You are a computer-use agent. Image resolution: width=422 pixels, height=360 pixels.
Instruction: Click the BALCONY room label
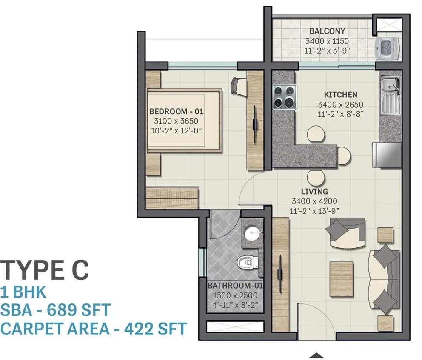click(x=327, y=31)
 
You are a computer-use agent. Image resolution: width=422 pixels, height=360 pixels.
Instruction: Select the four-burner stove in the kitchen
click(x=285, y=97)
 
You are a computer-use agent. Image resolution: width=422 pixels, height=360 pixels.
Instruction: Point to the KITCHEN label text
click(x=340, y=95)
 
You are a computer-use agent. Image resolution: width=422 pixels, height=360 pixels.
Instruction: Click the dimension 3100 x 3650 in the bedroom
click(x=176, y=121)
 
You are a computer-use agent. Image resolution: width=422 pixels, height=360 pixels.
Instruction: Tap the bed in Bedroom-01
click(x=185, y=120)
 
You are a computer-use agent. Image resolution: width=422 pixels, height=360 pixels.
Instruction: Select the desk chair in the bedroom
click(x=239, y=86)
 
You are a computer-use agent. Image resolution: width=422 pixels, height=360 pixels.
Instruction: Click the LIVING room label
click(x=314, y=191)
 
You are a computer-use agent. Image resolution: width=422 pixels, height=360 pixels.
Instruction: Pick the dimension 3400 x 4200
click(x=314, y=201)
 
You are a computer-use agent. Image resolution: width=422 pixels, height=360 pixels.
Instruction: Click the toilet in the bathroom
click(x=248, y=262)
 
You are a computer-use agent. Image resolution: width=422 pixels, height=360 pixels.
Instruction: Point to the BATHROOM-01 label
click(x=235, y=285)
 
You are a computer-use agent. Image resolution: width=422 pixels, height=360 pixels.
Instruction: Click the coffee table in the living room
click(x=341, y=279)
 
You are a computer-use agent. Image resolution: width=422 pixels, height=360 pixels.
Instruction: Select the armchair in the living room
click(x=345, y=233)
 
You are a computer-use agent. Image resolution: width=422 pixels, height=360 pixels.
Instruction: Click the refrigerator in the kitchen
click(x=387, y=155)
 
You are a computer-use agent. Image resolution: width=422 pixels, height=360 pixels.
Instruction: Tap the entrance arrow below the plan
click(x=316, y=355)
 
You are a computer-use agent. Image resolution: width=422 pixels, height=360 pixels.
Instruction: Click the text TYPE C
click(x=44, y=269)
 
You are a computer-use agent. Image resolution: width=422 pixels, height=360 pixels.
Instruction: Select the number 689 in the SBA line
click(x=60, y=310)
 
